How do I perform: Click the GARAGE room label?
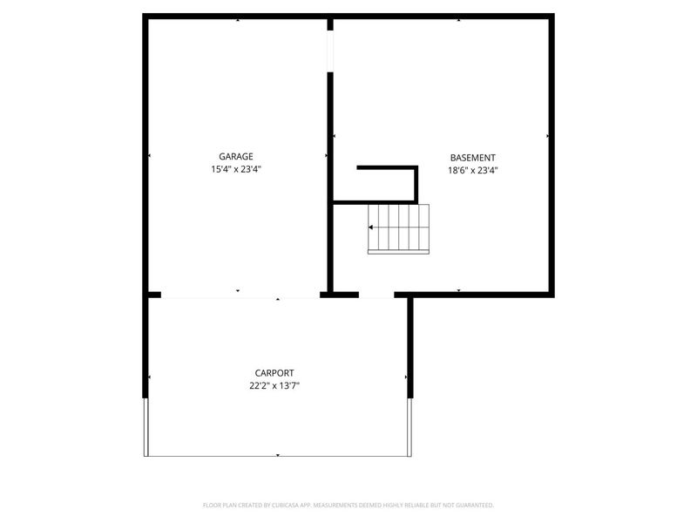(x=236, y=157)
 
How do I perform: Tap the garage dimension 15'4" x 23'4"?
(x=236, y=170)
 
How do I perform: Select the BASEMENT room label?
(x=473, y=157)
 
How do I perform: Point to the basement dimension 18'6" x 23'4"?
(x=473, y=170)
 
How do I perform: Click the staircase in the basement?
(x=399, y=228)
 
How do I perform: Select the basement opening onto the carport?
(x=376, y=295)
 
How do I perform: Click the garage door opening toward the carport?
(x=240, y=296)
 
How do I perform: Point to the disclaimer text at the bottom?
(x=348, y=505)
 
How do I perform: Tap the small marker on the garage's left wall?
(x=150, y=156)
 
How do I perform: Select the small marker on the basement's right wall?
(x=547, y=137)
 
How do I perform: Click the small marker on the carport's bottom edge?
(x=277, y=454)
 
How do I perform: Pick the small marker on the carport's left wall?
(x=150, y=377)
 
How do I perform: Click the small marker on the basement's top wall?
(x=458, y=19)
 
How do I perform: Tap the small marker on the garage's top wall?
(x=237, y=19)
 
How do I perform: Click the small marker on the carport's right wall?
(x=406, y=377)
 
